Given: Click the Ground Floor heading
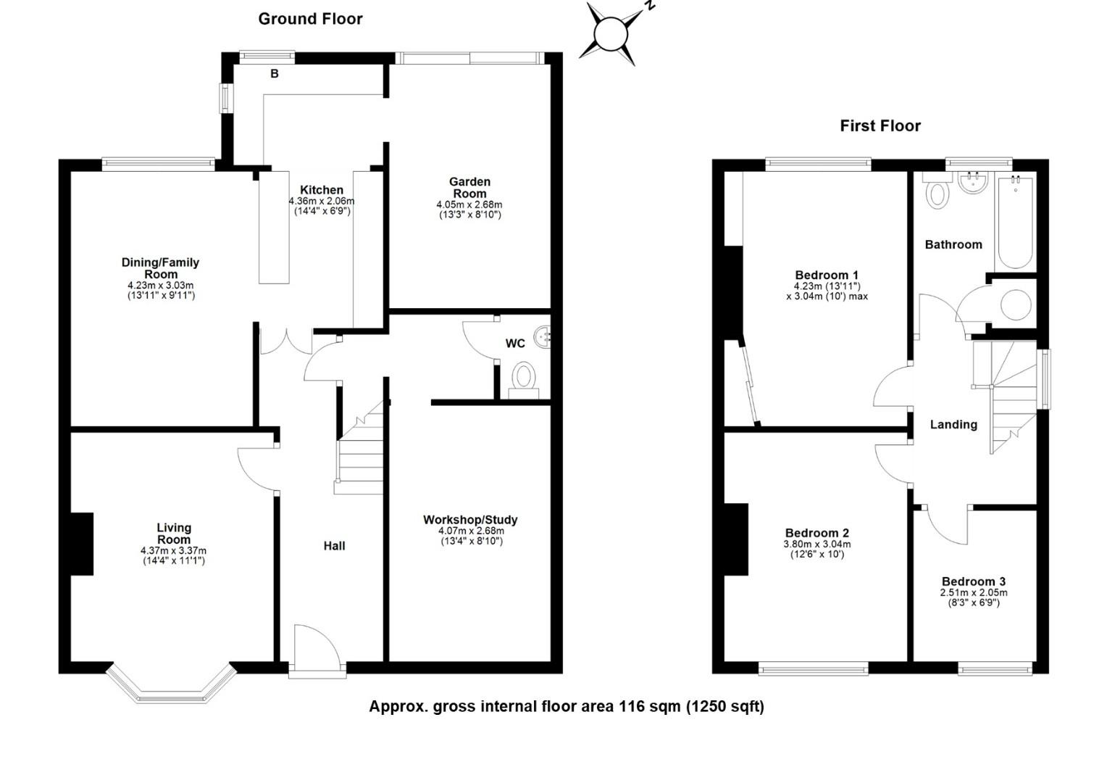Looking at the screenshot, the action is tap(310, 20).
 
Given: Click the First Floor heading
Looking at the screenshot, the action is tap(880, 126).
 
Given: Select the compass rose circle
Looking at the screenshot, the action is tap(611, 33).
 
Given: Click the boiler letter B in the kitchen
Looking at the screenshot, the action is tap(275, 74).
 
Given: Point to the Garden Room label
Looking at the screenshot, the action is tap(469, 188).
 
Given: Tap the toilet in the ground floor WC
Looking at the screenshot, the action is tap(524, 380).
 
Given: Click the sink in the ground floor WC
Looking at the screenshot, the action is tap(545, 336).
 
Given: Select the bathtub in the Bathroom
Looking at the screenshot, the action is tap(1016, 223).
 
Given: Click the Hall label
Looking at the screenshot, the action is tap(334, 546).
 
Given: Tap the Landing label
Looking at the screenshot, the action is tap(953, 424).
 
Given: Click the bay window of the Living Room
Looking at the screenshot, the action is tap(172, 683).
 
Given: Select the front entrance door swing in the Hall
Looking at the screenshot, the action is tap(317, 645).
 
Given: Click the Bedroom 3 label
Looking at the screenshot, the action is tap(973, 581).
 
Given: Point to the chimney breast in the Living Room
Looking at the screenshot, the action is tap(82, 544).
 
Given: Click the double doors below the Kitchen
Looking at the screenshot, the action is tap(285, 341).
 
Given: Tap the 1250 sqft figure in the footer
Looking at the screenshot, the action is tap(725, 707).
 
